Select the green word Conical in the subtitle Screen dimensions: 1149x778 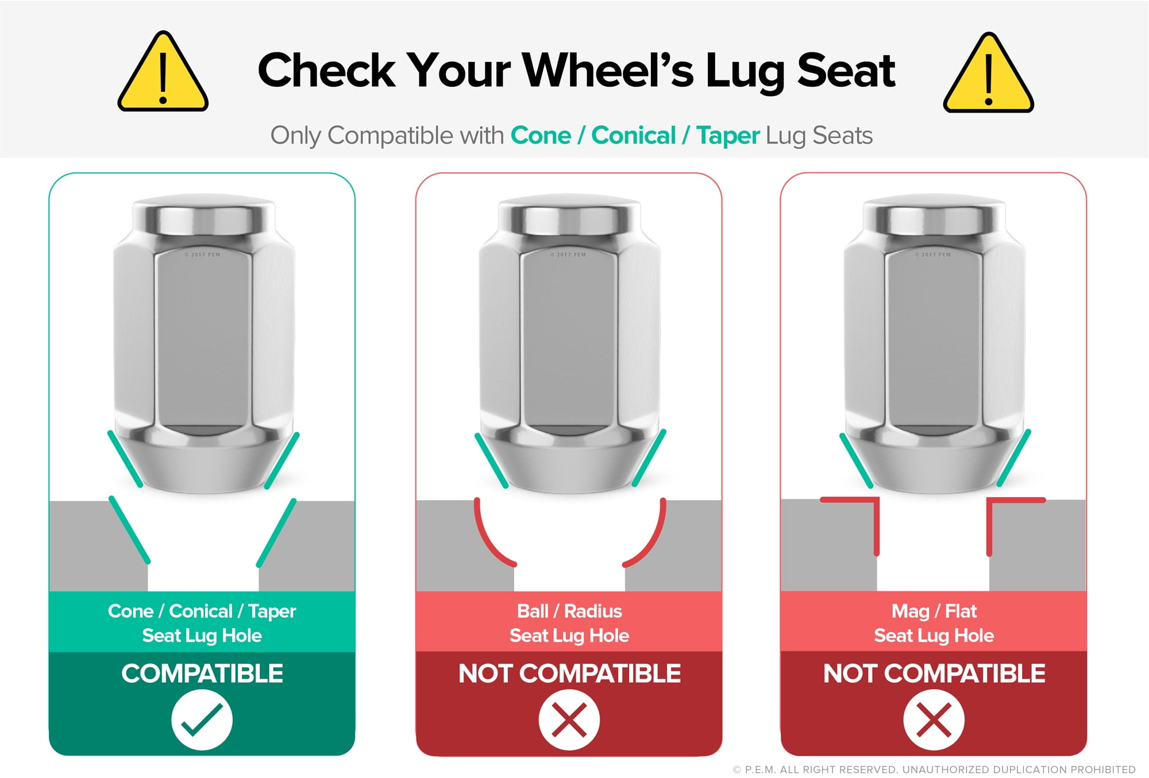click(x=634, y=136)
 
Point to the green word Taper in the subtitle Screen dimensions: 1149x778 click(x=728, y=136)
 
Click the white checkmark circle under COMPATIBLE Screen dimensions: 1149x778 click(x=202, y=720)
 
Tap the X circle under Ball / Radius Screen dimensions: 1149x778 click(x=569, y=720)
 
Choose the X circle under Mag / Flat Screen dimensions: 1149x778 click(x=934, y=720)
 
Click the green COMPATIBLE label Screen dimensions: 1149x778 click(x=202, y=674)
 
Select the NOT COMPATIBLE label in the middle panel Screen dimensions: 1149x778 click(x=569, y=674)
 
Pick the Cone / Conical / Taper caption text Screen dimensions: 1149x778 click(x=202, y=624)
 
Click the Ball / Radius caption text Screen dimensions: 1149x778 click(x=569, y=624)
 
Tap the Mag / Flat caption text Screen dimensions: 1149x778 click(x=934, y=624)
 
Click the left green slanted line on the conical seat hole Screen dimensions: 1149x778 click(x=129, y=529)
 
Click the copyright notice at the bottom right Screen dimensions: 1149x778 click(x=934, y=769)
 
